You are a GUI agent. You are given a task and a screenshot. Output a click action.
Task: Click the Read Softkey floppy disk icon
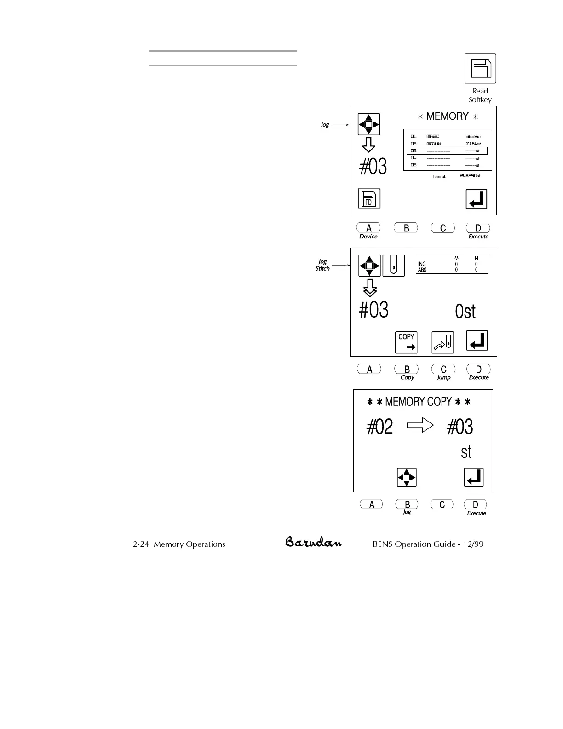(x=480, y=69)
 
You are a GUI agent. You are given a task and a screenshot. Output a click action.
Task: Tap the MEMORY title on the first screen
(x=447, y=116)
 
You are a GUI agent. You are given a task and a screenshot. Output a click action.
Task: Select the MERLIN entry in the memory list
(x=434, y=144)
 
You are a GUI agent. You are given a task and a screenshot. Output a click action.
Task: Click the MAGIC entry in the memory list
(x=433, y=136)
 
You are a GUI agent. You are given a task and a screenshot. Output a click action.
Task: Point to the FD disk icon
(x=369, y=199)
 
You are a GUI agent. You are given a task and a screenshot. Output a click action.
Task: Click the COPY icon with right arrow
(x=406, y=342)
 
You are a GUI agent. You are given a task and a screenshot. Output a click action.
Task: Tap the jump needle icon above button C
(x=442, y=342)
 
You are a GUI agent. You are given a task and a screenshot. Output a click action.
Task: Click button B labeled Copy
(x=407, y=369)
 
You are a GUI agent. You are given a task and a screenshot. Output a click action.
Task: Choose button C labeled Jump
(x=443, y=369)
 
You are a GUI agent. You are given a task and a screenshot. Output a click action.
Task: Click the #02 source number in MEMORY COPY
(x=380, y=427)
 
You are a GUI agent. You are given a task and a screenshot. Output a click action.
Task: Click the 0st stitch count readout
(x=465, y=312)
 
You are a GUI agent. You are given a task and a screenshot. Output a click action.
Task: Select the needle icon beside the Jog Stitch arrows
(x=394, y=266)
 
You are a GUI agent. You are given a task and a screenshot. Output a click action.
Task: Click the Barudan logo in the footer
(x=313, y=542)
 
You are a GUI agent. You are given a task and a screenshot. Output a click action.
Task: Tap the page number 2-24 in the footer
(x=141, y=544)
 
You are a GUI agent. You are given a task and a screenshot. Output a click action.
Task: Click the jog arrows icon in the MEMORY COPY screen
(x=407, y=477)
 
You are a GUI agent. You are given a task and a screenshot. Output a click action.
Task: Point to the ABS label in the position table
(x=422, y=270)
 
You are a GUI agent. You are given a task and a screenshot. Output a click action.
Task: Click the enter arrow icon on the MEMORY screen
(x=477, y=199)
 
